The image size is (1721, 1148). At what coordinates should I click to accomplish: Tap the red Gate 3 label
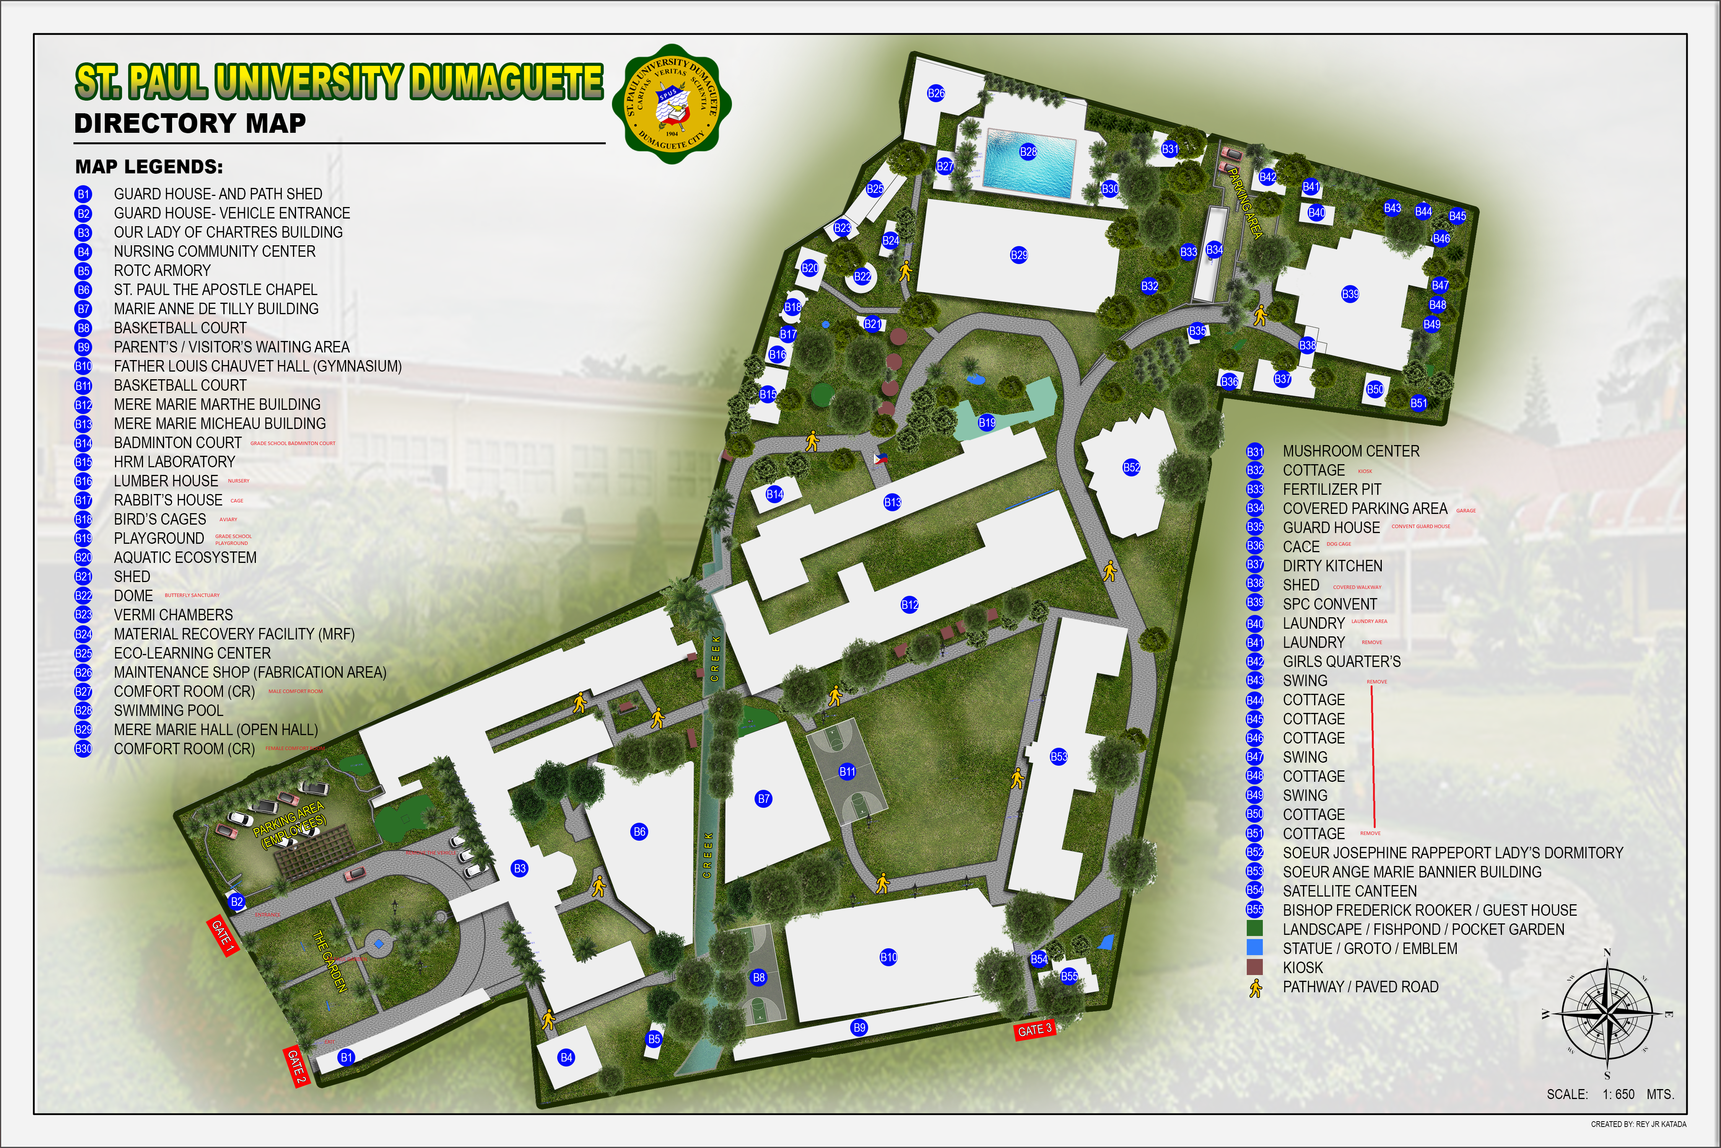point(1035,1029)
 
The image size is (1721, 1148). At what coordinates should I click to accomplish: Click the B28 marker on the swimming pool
point(1028,152)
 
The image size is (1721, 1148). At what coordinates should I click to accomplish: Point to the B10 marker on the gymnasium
point(888,957)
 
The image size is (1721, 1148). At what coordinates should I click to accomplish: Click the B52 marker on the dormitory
point(1131,467)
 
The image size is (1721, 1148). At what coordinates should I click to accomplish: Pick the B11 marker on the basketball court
point(847,771)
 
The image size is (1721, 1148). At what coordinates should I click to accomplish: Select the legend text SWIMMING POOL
point(168,710)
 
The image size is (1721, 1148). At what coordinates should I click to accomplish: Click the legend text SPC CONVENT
point(1329,604)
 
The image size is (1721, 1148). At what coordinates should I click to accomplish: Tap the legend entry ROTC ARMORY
point(162,270)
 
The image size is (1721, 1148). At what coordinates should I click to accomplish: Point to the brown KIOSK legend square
point(1255,967)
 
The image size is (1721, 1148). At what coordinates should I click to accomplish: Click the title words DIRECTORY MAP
point(190,123)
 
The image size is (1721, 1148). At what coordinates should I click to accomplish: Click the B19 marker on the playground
point(986,422)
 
